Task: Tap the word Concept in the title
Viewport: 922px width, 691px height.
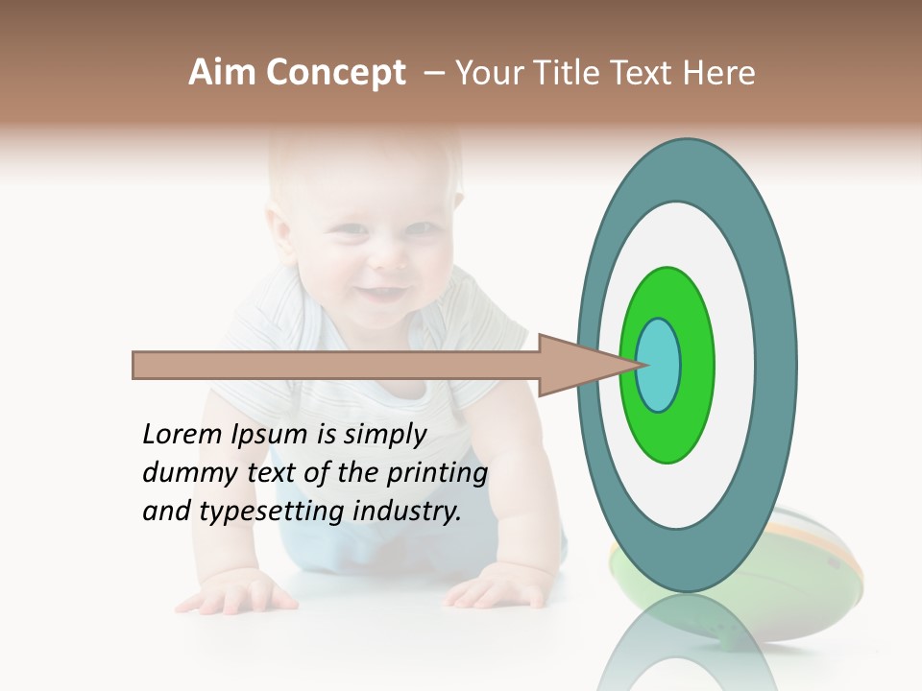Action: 335,73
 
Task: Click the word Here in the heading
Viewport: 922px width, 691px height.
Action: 717,73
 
